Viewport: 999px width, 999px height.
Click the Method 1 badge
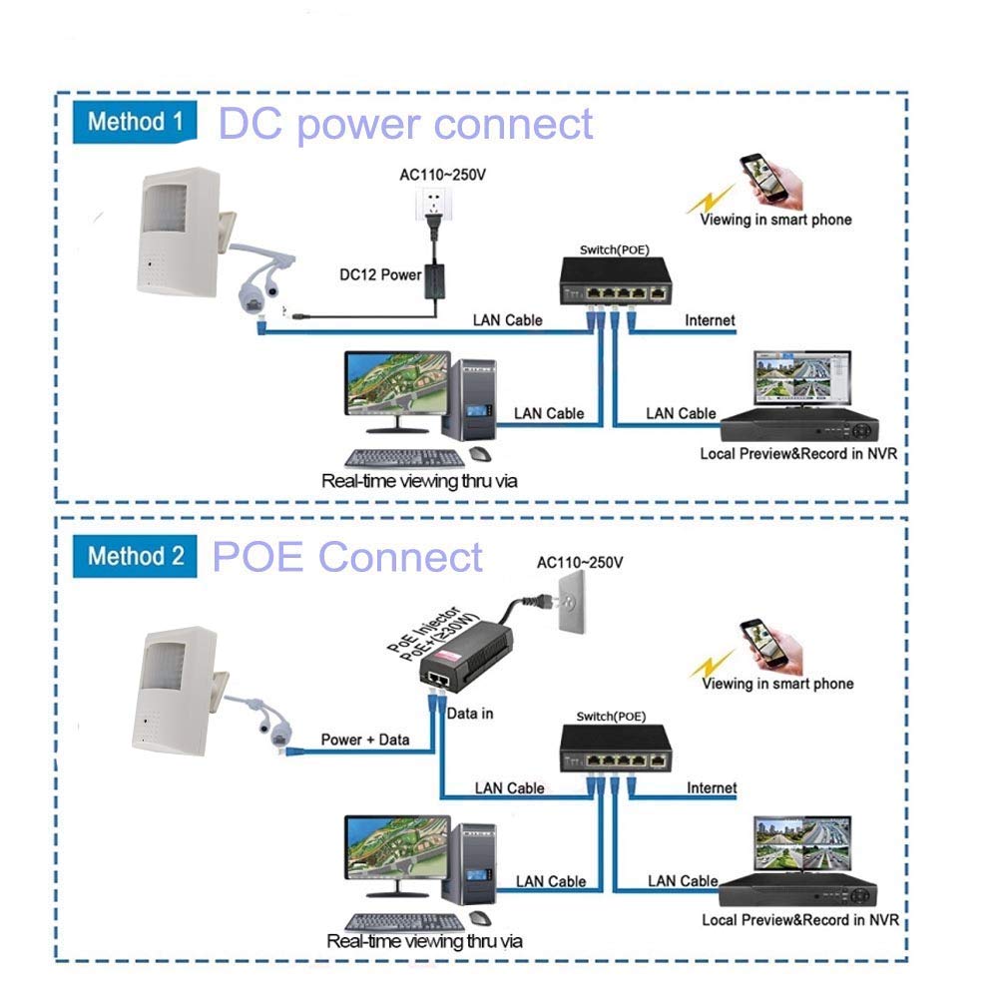tap(136, 123)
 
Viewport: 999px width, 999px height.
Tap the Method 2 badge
tap(136, 555)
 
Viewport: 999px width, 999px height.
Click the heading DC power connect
tap(405, 125)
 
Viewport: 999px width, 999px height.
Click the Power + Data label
tap(365, 740)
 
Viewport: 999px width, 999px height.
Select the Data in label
tap(470, 714)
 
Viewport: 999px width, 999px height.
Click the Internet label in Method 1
tap(710, 320)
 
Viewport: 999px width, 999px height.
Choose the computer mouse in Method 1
tap(479, 454)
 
